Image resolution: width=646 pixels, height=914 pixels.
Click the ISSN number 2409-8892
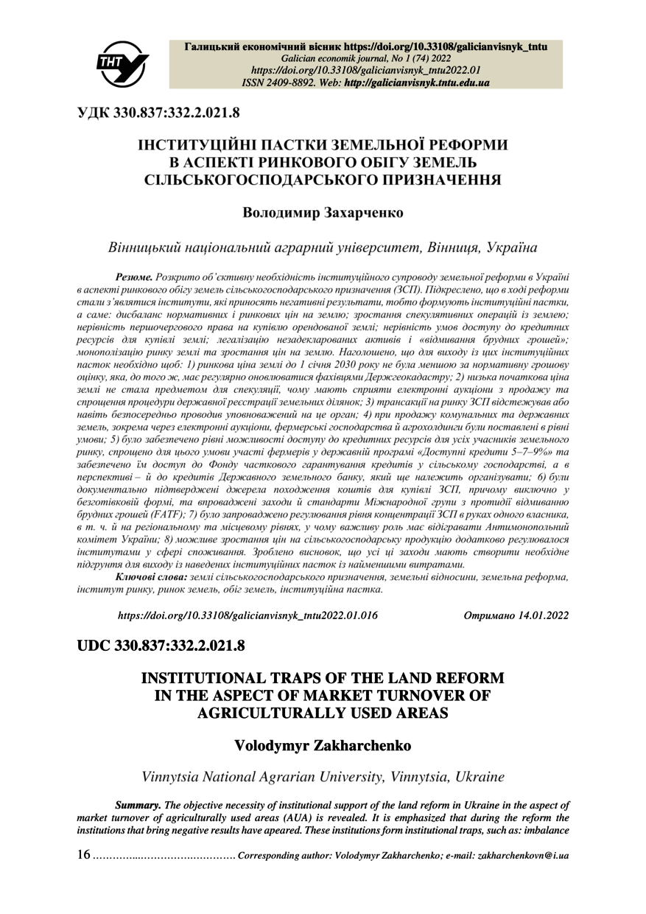(304, 83)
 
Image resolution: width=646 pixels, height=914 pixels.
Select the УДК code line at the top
(158, 113)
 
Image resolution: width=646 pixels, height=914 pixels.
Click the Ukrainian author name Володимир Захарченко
(323, 212)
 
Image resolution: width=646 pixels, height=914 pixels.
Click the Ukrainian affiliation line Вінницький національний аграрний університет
(323, 246)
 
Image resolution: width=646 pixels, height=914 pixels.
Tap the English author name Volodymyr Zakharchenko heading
(323, 745)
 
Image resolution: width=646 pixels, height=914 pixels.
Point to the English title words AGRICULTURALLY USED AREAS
(323, 711)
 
